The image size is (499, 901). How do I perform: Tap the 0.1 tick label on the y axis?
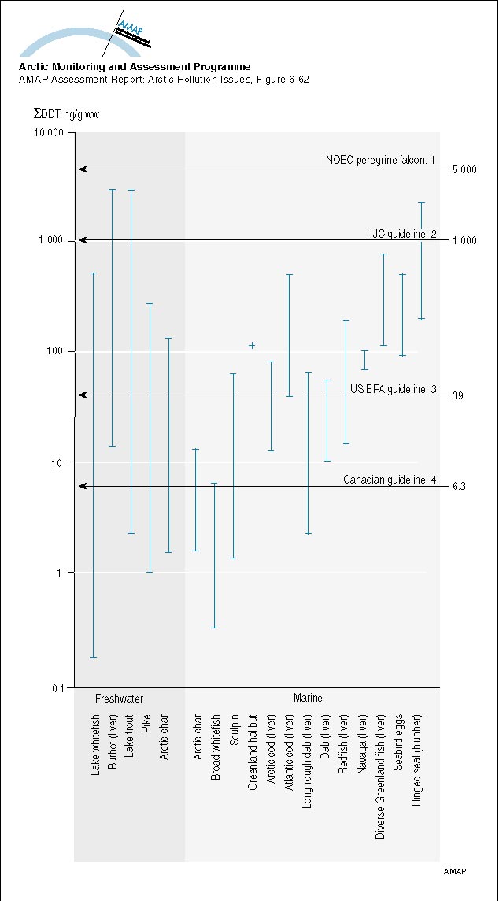[x=56, y=688]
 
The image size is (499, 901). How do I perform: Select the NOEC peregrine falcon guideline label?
[x=380, y=160]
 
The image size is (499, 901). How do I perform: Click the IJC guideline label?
[x=403, y=234]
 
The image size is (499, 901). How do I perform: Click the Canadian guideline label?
[x=389, y=480]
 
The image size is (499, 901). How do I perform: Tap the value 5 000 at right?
[x=464, y=169]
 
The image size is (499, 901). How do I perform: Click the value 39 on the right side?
[x=457, y=395]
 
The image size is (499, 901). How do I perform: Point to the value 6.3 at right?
[x=460, y=487]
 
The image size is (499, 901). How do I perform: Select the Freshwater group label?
[x=119, y=699]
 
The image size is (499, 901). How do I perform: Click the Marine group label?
[x=308, y=699]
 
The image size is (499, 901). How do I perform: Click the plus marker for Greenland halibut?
[x=252, y=345]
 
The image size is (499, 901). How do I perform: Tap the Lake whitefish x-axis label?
[x=95, y=744]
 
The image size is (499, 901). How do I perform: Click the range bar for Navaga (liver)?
[x=364, y=360]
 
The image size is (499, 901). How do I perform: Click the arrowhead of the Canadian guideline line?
[x=82, y=486]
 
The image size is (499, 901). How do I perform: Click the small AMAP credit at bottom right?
[x=455, y=873]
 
